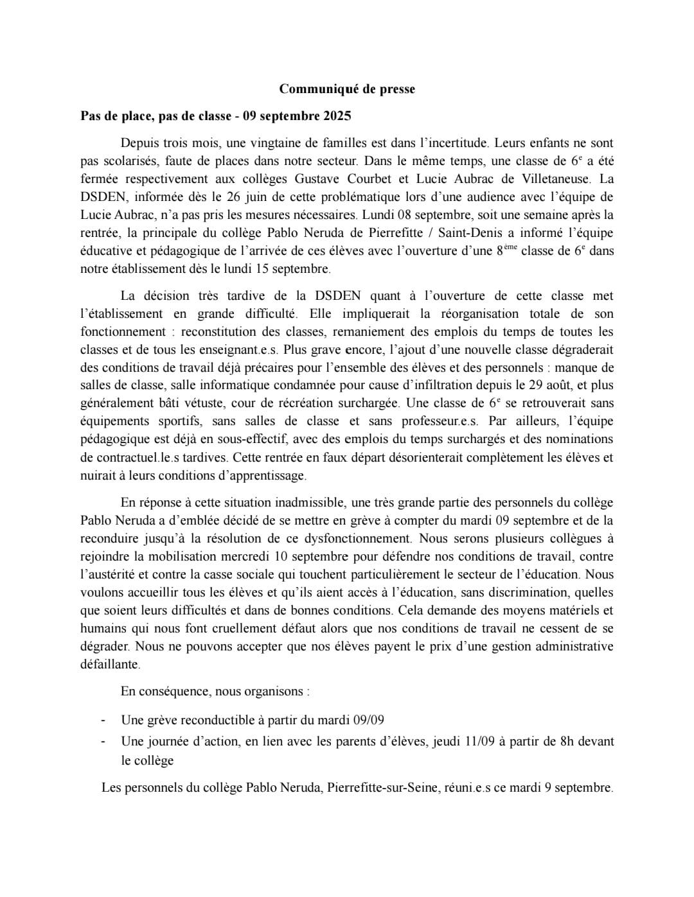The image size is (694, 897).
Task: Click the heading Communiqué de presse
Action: pos(347,89)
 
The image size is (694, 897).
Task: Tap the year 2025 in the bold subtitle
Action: pos(337,116)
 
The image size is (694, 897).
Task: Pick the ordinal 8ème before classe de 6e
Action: pos(506,250)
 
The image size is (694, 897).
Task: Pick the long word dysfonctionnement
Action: pos(357,539)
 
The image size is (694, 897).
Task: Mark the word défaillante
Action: pos(109,665)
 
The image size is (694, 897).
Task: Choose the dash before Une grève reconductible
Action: pos(103,720)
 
